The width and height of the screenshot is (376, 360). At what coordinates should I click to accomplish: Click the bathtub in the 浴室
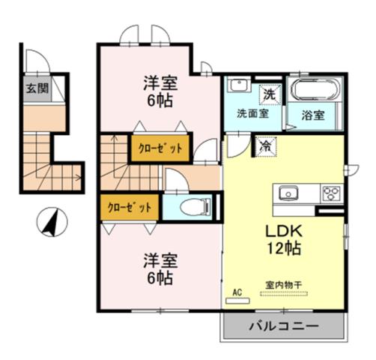coord(315,92)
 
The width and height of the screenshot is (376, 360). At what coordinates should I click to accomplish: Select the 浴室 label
coord(315,116)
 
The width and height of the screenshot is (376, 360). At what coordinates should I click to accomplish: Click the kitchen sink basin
coord(289,193)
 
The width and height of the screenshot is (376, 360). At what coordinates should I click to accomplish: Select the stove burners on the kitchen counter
coord(330,193)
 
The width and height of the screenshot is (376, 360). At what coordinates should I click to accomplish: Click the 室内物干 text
coord(281,286)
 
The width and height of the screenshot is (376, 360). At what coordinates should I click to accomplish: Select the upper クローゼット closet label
coord(159,148)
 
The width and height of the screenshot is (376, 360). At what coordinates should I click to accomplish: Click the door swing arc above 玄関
coord(35,60)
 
